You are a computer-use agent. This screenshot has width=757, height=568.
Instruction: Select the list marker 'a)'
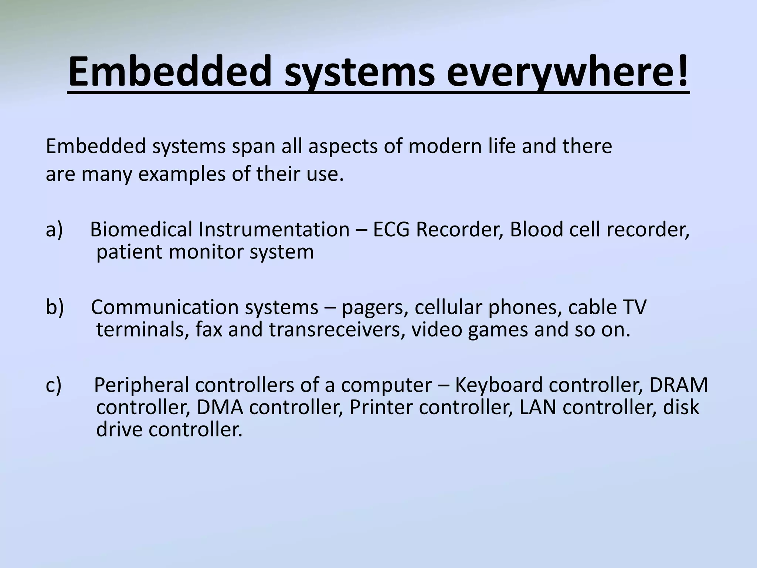click(x=54, y=230)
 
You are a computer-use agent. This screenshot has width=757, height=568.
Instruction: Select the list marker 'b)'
click(x=55, y=307)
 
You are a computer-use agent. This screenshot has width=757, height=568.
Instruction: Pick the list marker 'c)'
click(x=54, y=385)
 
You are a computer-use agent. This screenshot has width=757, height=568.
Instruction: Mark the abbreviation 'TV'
click(x=634, y=307)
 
